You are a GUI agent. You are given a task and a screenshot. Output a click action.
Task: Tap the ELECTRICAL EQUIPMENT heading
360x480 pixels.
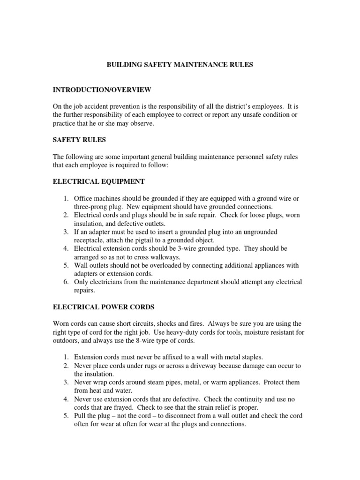pyautogui.click(x=98, y=181)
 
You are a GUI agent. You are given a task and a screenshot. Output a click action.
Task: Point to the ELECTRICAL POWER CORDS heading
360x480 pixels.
pyautogui.click(x=103, y=307)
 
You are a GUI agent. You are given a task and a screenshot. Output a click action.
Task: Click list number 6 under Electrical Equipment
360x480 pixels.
pyautogui.click(x=66, y=282)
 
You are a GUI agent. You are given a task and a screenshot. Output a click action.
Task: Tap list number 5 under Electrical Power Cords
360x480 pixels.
pyautogui.click(x=66, y=416)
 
